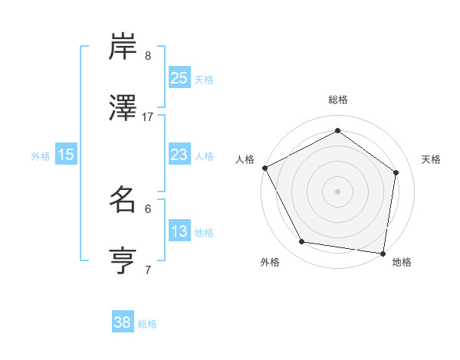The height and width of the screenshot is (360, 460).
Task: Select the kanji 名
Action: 123,200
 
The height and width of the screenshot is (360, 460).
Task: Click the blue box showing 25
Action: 179,77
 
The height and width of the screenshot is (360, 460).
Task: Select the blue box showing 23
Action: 179,155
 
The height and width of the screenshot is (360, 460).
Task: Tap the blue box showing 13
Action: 179,231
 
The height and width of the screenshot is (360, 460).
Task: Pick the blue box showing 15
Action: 66,155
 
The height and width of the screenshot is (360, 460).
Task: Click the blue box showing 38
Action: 123,323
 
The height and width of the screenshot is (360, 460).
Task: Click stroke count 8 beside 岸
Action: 148,55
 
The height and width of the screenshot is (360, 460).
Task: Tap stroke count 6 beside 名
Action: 148,208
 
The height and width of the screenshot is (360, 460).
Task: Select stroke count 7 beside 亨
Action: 148,270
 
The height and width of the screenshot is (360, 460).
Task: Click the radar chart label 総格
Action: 338,100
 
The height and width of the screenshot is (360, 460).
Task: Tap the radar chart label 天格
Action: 431,159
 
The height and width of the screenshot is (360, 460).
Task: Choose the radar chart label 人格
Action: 245,159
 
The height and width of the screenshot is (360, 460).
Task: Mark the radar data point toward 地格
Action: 383,253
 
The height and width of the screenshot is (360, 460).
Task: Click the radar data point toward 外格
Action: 302,242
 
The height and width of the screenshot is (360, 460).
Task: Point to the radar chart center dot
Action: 338,191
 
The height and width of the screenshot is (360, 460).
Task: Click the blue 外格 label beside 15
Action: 41,155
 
